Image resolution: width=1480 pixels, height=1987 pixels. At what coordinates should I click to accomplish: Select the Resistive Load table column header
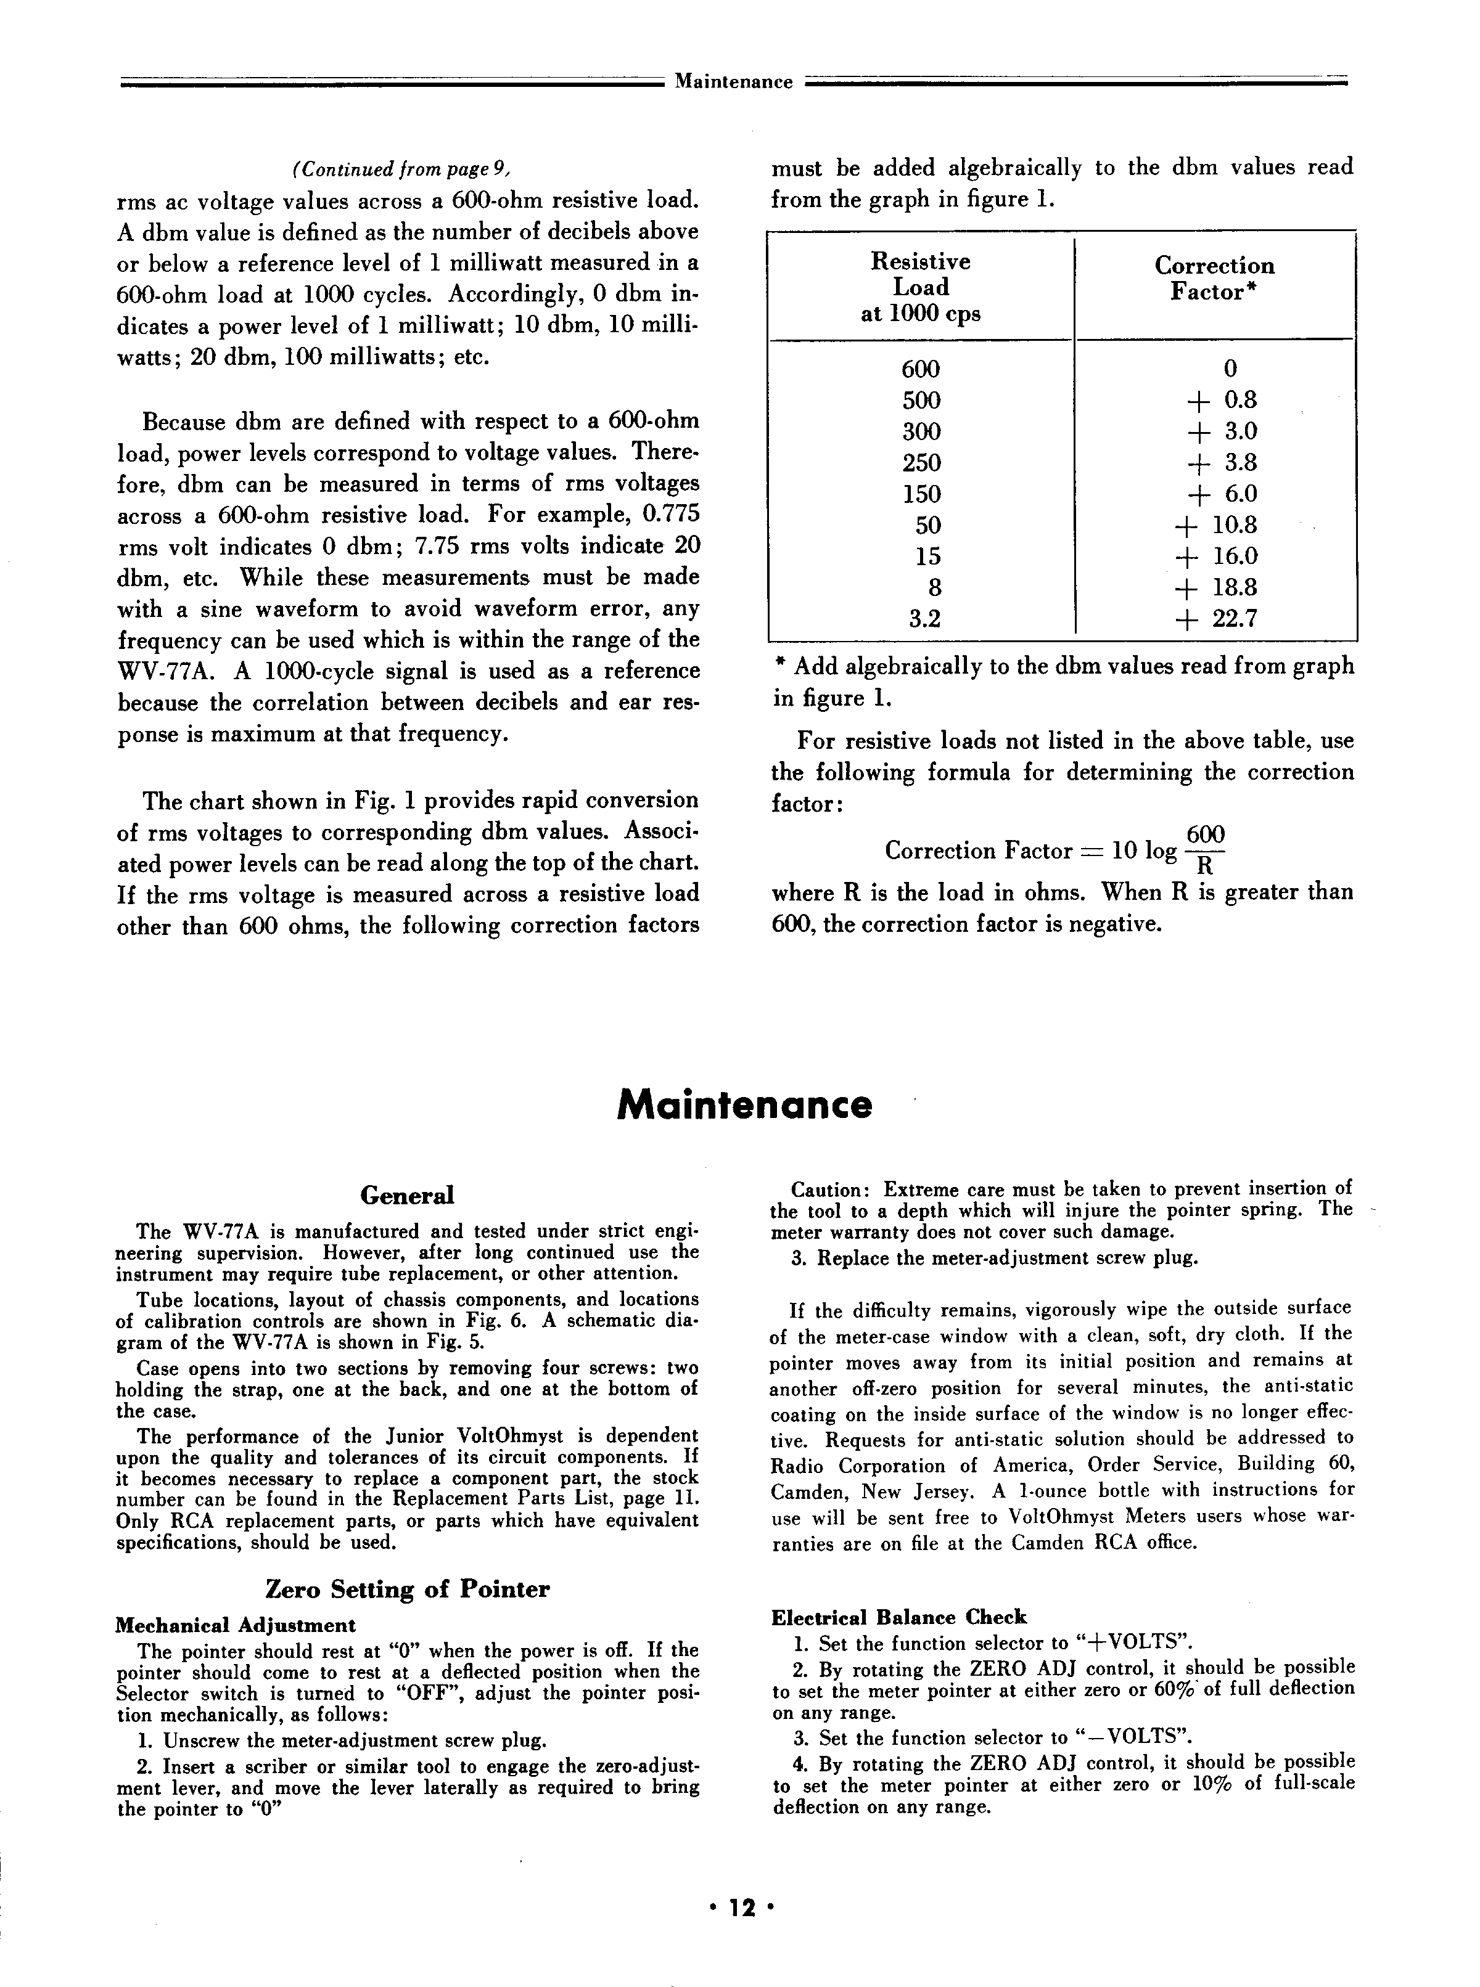[920, 287]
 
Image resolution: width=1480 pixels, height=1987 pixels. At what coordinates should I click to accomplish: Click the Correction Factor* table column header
[1214, 279]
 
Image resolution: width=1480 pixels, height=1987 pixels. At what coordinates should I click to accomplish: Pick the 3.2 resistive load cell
[924, 619]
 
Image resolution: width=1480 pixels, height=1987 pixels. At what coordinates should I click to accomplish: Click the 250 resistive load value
[922, 463]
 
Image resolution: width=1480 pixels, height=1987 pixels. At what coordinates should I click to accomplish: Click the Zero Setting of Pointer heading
[408, 1588]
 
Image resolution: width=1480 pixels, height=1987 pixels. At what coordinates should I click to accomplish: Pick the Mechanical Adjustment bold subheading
[236, 1625]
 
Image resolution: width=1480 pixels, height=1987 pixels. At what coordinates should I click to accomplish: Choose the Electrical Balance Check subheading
[898, 1617]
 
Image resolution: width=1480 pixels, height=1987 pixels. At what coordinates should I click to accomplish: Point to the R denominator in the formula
[1205, 866]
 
